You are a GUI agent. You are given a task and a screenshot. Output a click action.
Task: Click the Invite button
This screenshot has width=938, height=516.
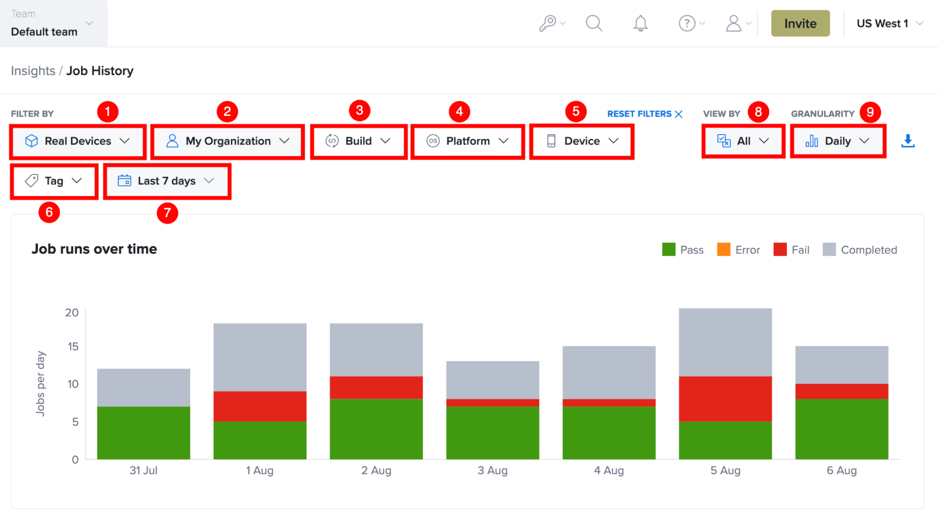pos(800,23)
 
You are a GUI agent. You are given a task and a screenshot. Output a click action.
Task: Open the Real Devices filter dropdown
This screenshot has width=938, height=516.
pos(78,141)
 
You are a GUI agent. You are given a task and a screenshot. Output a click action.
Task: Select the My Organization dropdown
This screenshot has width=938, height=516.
pos(228,141)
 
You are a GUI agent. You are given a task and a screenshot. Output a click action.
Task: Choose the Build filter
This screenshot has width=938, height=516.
pos(358,141)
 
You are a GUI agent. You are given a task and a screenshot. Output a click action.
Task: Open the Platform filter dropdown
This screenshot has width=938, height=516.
pos(468,141)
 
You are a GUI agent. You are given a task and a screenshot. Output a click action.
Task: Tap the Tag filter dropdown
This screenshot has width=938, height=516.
pos(54,181)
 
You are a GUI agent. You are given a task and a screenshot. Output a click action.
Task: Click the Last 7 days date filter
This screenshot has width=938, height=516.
pos(167,181)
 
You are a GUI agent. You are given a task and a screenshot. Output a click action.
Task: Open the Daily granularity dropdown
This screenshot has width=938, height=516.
pos(838,141)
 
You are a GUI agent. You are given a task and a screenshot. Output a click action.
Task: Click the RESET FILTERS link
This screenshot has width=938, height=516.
pos(645,114)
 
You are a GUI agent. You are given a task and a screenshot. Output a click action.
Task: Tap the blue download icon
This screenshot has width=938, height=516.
pos(908,141)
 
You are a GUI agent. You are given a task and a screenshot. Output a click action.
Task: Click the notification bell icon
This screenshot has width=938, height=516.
pos(641,23)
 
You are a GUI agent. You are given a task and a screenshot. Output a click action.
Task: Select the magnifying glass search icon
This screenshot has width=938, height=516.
pos(594,23)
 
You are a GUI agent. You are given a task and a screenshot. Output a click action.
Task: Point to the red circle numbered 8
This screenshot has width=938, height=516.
pos(758,112)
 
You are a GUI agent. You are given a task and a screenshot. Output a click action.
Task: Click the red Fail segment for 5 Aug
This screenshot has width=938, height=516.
pos(725,399)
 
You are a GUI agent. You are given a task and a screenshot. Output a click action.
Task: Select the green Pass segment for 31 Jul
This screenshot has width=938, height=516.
pos(144,433)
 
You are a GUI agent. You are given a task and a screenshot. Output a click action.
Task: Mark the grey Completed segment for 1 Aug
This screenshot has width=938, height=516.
pos(260,357)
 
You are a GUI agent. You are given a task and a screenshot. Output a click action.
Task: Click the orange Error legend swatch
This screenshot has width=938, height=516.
pos(724,250)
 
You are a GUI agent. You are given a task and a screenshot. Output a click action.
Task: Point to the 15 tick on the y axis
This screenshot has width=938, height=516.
pos(73,347)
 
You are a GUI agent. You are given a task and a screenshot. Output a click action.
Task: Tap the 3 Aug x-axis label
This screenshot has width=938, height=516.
pos(492,470)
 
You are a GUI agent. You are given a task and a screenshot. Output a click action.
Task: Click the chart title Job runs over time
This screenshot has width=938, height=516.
pos(94,249)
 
